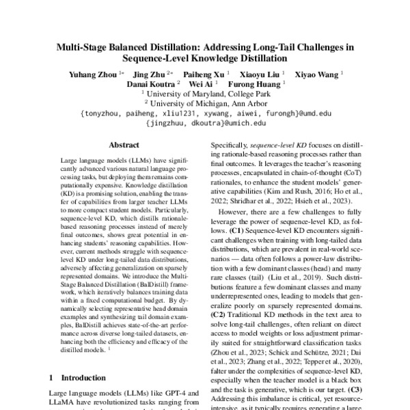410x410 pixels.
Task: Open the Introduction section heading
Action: click(x=74, y=377)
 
